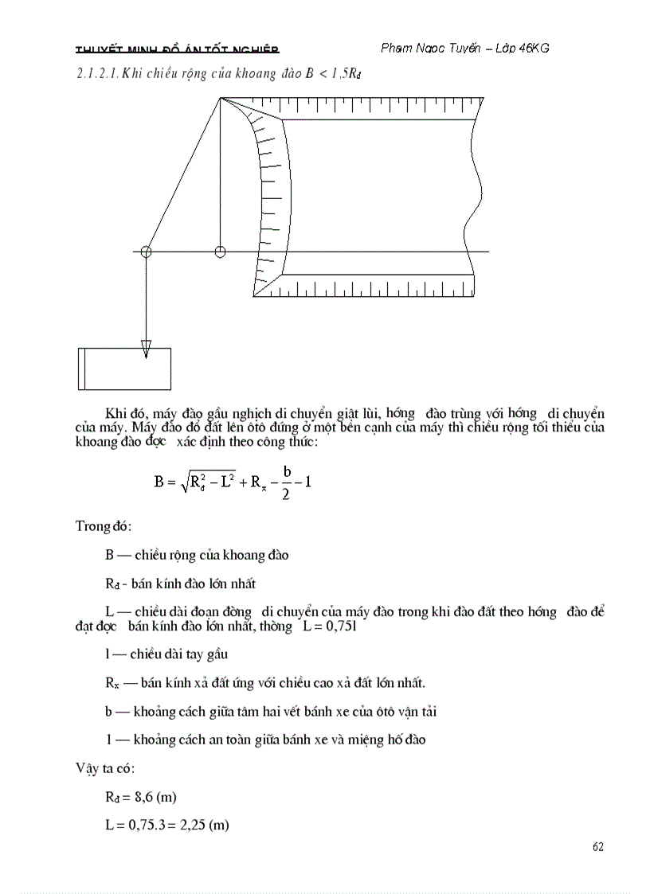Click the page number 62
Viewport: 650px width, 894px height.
pyautogui.click(x=598, y=846)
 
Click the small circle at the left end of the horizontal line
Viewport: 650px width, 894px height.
pyautogui.click(x=146, y=252)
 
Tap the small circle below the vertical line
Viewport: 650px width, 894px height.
pyautogui.click(x=220, y=252)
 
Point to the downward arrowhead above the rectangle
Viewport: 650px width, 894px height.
pyautogui.click(x=146, y=349)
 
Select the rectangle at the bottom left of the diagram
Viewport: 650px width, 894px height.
pyautogui.click(x=124, y=369)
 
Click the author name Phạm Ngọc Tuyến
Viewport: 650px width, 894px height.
pyautogui.click(x=430, y=49)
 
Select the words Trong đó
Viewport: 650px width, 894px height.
pyautogui.click(x=104, y=526)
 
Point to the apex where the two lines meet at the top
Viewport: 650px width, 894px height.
pyautogui.click(x=220, y=98)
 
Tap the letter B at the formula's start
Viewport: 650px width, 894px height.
pyautogui.click(x=159, y=482)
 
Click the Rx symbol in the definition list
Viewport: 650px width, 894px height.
pyautogui.click(x=112, y=683)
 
